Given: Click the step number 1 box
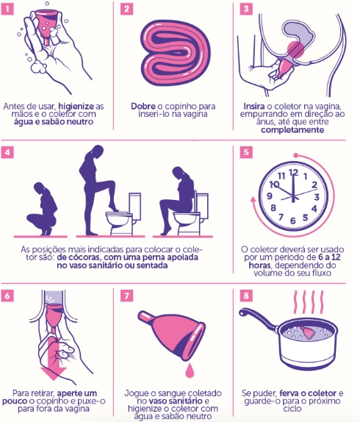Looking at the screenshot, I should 10,10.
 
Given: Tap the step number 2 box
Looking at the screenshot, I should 126,10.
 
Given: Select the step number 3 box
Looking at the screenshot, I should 245,10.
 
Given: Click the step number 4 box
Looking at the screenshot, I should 10,152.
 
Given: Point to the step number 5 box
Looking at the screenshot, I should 245,152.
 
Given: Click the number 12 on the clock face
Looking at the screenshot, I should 294,172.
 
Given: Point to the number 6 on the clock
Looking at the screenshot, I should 294,220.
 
